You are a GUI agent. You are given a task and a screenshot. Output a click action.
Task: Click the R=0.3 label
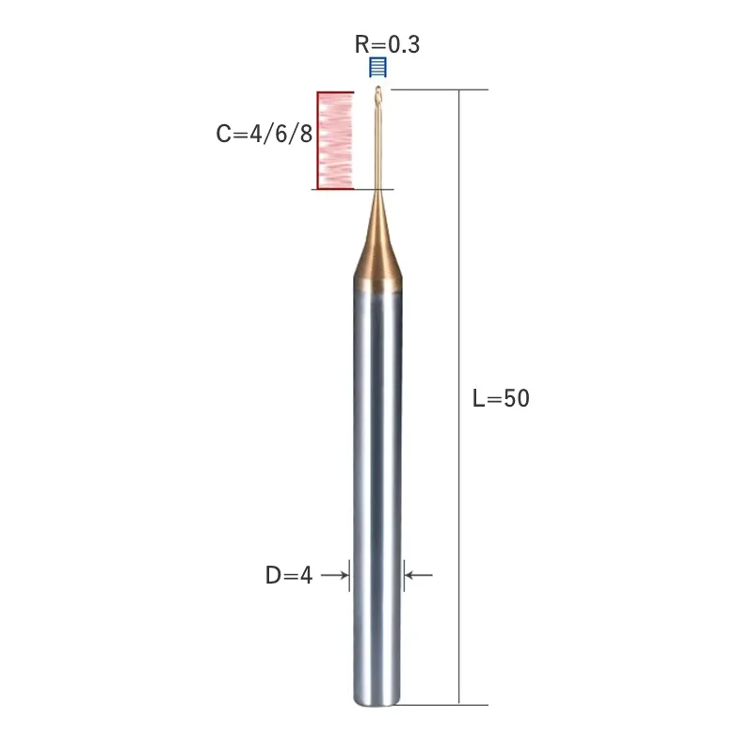(387, 44)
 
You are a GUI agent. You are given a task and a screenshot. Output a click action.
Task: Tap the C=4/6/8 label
(264, 134)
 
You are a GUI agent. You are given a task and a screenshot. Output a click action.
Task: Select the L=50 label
(501, 398)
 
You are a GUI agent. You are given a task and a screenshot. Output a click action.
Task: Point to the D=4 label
(289, 575)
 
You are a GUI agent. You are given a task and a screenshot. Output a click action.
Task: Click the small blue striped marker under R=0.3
(378, 67)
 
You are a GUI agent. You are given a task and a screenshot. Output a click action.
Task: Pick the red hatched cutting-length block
(335, 140)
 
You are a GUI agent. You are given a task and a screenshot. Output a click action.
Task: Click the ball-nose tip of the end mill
(378, 89)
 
